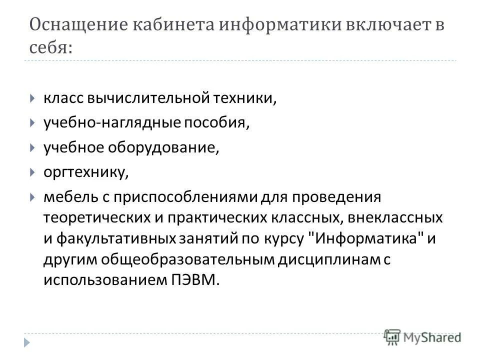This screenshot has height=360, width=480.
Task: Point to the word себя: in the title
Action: click(51, 48)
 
